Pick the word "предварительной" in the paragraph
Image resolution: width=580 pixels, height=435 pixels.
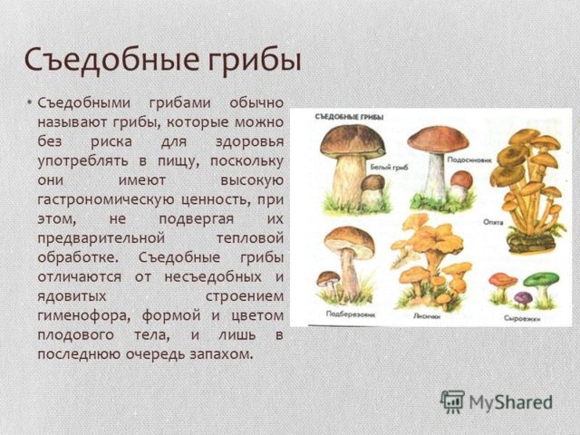click(x=99, y=237)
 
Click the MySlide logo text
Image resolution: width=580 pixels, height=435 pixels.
click(x=511, y=401)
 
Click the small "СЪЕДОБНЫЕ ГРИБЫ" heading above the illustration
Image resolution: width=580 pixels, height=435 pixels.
click(x=349, y=117)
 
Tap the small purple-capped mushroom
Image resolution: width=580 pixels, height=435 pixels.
click(x=523, y=296)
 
